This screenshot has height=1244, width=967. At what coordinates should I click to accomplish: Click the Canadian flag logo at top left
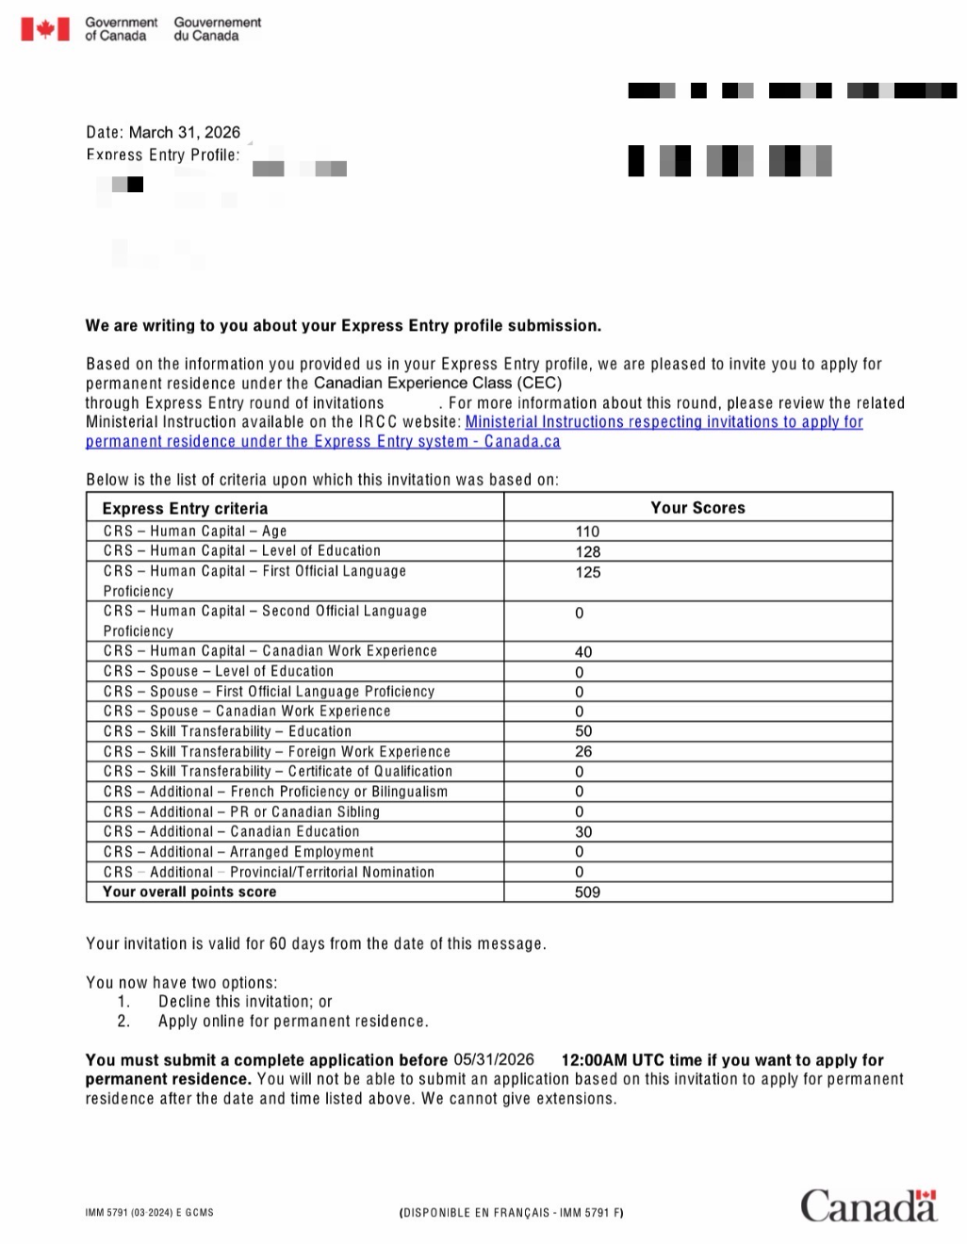(x=45, y=29)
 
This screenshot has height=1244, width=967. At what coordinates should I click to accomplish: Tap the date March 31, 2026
(x=184, y=133)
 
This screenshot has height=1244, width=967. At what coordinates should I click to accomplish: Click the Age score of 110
(x=587, y=532)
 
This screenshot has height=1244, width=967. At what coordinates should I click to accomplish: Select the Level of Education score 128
(x=588, y=551)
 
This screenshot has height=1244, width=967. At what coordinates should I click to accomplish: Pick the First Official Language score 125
(x=588, y=572)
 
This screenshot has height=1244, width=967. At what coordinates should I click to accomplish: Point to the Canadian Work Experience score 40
(x=583, y=651)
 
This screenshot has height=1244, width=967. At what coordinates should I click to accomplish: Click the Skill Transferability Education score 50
(x=583, y=731)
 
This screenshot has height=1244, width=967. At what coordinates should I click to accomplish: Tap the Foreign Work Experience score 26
(x=583, y=751)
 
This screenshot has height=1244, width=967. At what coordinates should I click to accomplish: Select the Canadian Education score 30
(x=583, y=831)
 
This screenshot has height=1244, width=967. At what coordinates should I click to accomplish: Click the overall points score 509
(x=587, y=892)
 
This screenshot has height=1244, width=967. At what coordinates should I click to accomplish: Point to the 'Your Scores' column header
(x=697, y=508)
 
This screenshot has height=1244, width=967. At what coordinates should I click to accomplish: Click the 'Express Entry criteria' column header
(x=185, y=508)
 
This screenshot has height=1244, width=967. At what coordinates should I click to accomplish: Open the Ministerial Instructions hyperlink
(x=664, y=422)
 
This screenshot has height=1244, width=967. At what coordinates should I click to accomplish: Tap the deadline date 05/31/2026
(x=493, y=1059)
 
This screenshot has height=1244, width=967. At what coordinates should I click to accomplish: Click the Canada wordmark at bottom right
(x=868, y=1206)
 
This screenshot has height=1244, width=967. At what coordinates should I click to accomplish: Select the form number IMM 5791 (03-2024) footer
(x=149, y=1213)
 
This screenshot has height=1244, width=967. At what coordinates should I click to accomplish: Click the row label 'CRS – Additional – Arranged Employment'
(x=238, y=852)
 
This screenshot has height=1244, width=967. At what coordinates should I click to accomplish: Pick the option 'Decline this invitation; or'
(x=245, y=1002)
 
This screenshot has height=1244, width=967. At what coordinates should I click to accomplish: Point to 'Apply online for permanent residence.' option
(x=293, y=1022)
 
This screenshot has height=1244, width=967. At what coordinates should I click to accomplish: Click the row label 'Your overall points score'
(x=189, y=892)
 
